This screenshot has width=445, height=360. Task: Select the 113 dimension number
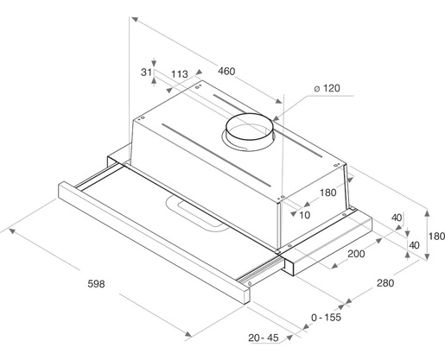pyautogui.click(x=181, y=74)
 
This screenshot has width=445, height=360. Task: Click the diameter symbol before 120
pyautogui.click(x=317, y=89)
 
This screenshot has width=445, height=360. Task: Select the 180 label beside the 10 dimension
pyautogui.click(x=328, y=193)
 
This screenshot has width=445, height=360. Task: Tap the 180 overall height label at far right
pyautogui.click(x=437, y=236)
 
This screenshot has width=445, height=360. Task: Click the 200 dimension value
pyautogui.click(x=357, y=254)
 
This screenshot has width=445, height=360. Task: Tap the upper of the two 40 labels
pyautogui.click(x=397, y=217)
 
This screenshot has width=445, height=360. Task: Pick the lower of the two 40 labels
pyautogui.click(x=414, y=245)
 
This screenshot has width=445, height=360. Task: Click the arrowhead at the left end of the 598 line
pyautogui.click(x=10, y=230)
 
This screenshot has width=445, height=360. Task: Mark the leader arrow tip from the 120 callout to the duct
pyautogui.click(x=274, y=118)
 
